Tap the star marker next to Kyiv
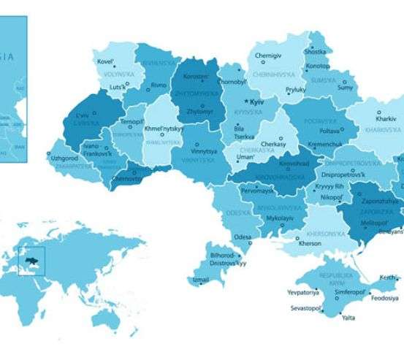coord(246,102)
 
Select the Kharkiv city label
coord(385,118)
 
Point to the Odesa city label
coord(243,237)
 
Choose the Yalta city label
coord(349,318)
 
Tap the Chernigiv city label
coord(268,55)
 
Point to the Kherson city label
coord(309,243)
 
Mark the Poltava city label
coord(330,130)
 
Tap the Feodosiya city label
coord(384,298)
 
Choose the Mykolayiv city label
coord(279,218)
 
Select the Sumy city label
coord(345,88)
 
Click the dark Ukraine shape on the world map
coord(33,260)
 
